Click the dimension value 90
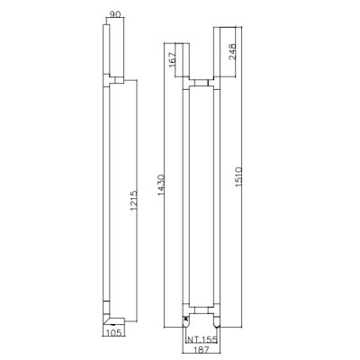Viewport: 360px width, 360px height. click(114, 14)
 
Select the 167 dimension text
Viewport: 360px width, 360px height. click(172, 60)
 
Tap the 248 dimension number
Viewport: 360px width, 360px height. click(232, 52)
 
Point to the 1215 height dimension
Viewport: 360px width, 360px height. click(133, 200)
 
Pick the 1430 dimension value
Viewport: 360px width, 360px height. click(161, 185)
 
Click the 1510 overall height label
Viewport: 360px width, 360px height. click(238, 177)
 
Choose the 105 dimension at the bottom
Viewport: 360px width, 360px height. click(113, 333)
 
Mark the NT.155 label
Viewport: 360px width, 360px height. click(202, 340)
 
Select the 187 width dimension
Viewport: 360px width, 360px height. click(202, 349)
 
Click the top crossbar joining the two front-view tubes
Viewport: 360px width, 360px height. click(202, 83)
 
